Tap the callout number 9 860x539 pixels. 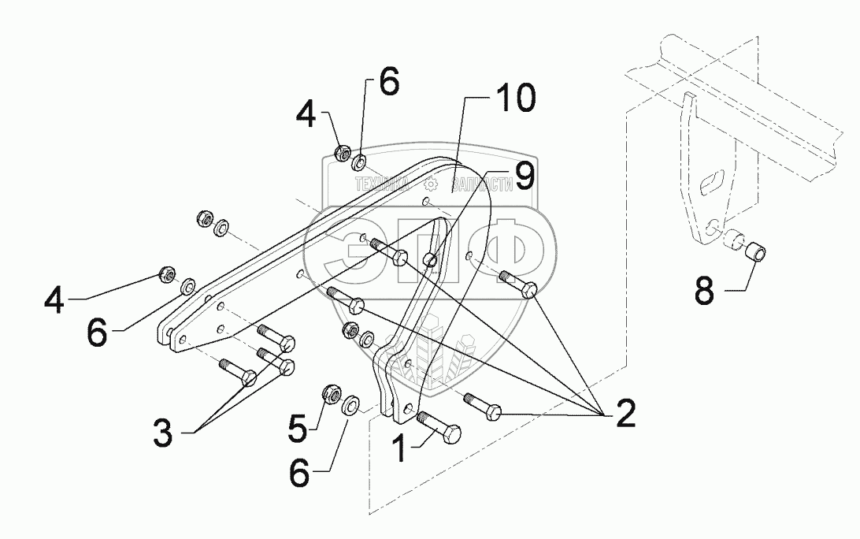[523, 175]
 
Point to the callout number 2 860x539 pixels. [625, 413]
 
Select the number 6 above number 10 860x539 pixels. [390, 81]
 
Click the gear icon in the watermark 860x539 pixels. [430, 184]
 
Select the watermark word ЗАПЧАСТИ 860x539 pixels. [480, 184]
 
